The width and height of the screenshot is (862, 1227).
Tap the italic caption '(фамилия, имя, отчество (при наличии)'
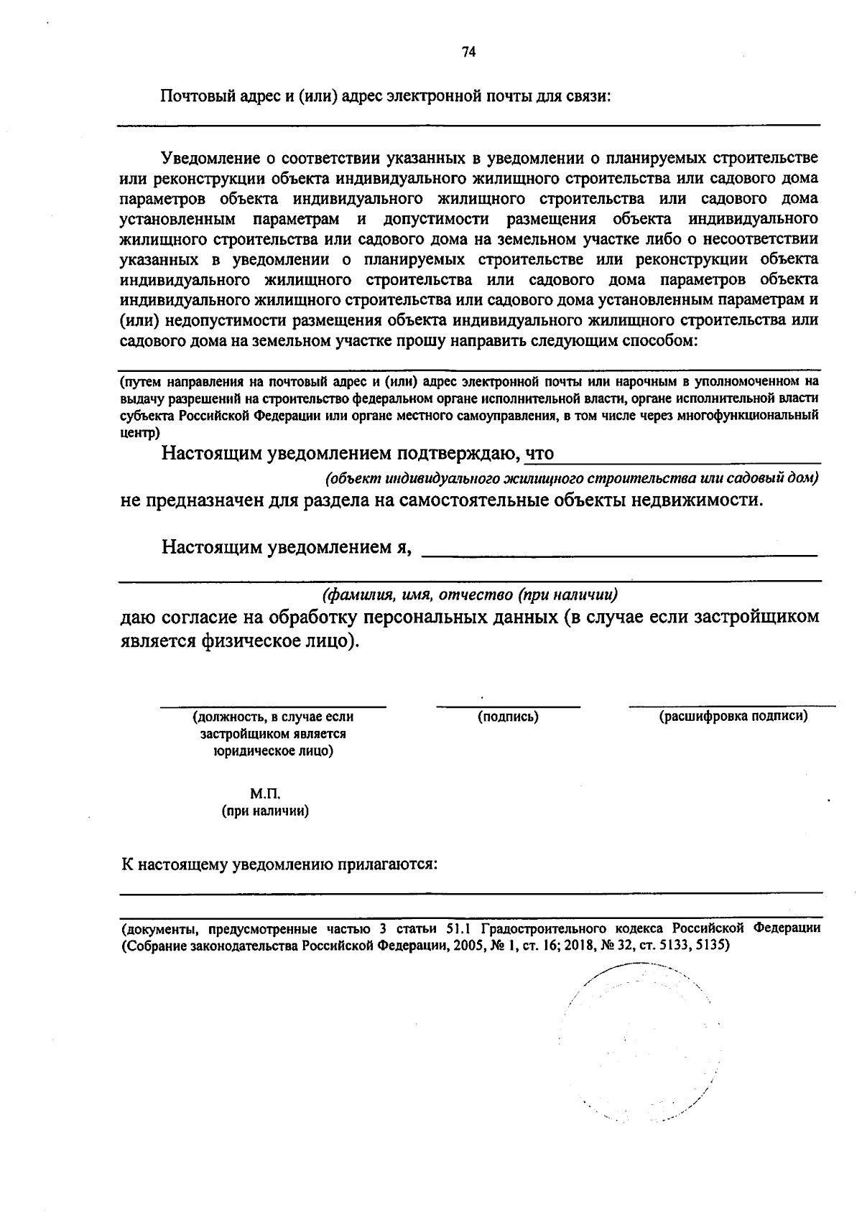tap(471, 595)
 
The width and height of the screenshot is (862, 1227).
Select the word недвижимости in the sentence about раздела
tap(695, 500)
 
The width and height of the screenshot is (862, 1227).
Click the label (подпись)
tap(509, 717)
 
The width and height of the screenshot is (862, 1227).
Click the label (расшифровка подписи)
tap(733, 716)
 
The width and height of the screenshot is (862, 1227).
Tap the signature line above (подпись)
tap(509, 706)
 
